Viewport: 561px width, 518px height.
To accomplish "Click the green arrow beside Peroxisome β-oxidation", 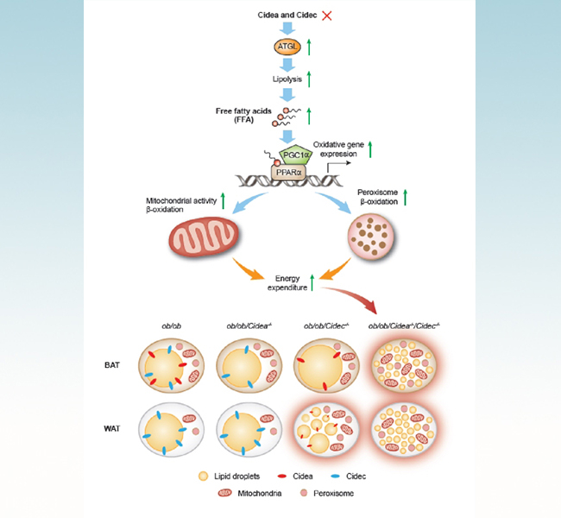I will (405, 196).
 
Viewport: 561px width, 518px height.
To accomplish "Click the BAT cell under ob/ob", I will (171, 367).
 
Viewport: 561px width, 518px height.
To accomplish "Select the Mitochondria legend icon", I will (227, 495).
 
